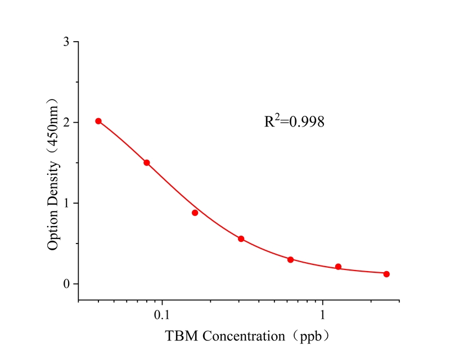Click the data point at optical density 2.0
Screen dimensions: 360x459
98,121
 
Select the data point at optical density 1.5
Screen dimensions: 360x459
147,163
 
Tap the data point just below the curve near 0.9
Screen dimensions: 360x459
195,213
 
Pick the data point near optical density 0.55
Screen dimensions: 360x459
241,238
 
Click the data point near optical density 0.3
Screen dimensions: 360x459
291,259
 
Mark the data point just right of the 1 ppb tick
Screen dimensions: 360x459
339,267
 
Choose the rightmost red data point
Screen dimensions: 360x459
386,274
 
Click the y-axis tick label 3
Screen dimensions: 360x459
66,42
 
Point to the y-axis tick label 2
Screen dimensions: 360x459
66,122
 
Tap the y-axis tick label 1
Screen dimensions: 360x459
66,203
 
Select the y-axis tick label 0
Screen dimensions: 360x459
66,284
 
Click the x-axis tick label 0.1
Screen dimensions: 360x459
162,313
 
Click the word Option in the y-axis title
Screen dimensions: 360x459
53,231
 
